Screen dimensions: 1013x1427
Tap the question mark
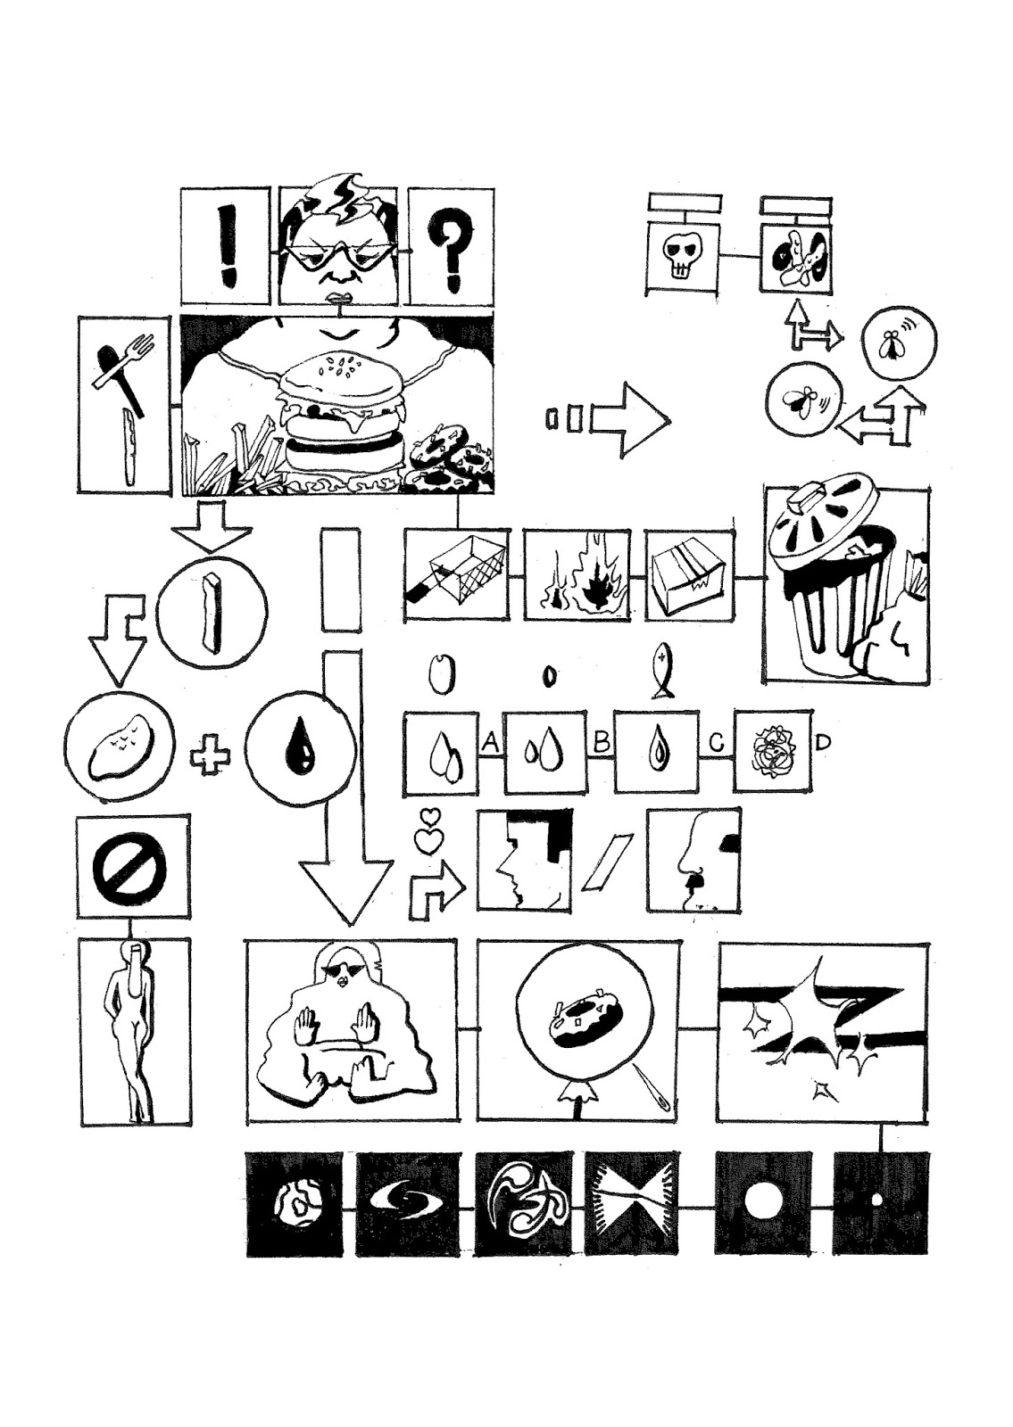pyautogui.click(x=451, y=250)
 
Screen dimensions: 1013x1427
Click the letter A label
pyautogui.click(x=490, y=741)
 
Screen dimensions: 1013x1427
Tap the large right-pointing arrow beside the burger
pyautogui.click(x=631, y=420)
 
